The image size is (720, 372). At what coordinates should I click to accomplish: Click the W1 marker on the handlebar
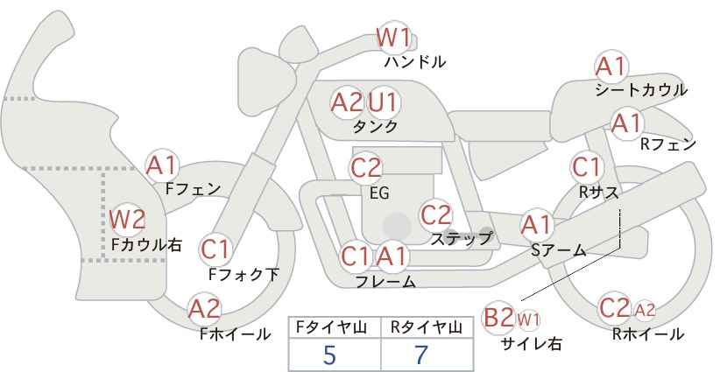pos(393,38)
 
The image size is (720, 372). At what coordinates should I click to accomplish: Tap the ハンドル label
pos(415,62)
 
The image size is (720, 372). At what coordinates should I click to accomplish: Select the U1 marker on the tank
pos(384,102)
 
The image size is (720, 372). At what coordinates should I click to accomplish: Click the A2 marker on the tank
pos(347,102)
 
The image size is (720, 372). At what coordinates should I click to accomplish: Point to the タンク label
pos(375,126)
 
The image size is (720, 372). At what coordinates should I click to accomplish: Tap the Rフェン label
pos(668,145)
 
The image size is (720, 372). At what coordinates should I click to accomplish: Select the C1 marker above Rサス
pos(587,167)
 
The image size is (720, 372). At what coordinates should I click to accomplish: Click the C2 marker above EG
pos(366,168)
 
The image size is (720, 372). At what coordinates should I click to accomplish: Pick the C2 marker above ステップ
pos(436,215)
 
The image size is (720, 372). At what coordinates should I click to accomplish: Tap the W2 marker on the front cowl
pos(127,220)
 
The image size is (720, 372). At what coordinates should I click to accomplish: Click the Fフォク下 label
pos(244,274)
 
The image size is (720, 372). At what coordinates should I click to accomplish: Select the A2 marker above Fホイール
pos(205,309)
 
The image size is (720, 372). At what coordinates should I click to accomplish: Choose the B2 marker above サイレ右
pos(498,318)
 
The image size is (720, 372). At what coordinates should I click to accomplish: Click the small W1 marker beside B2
pos(528,319)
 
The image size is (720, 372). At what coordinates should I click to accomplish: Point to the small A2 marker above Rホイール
pos(645,311)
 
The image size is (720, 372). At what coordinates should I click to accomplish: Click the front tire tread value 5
pos(329,354)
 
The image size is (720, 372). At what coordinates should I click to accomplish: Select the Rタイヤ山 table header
pos(427,327)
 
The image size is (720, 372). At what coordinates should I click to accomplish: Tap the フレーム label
pos(385,282)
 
